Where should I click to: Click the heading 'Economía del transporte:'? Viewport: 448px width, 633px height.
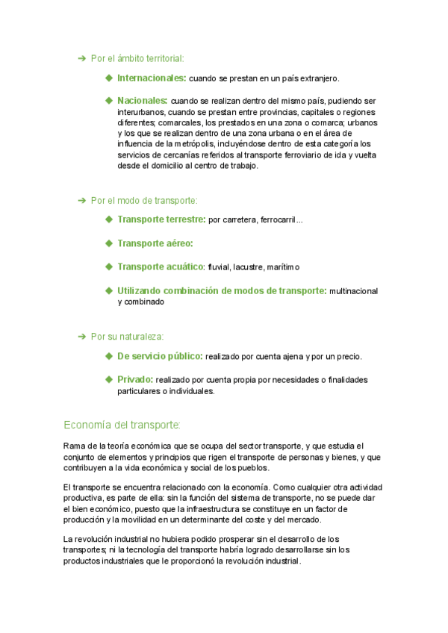point(122,425)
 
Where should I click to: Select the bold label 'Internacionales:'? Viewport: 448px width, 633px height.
point(152,78)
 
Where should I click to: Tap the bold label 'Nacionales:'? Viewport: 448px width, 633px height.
point(142,100)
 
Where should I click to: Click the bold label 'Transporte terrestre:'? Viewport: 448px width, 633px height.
point(161,219)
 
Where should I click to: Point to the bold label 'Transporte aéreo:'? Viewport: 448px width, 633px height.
point(155,243)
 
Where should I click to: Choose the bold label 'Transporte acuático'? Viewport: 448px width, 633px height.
point(161,266)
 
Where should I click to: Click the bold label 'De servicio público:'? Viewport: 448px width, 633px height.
point(160,356)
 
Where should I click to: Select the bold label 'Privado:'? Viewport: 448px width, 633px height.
point(135,379)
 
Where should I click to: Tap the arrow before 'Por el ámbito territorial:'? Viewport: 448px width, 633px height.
point(82,58)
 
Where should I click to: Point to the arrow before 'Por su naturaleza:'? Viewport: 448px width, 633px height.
point(82,337)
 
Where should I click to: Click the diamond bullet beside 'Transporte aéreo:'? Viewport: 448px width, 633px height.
point(109,243)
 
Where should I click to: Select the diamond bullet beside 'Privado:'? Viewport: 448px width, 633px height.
point(109,379)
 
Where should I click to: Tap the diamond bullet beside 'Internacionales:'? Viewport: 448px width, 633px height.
point(109,78)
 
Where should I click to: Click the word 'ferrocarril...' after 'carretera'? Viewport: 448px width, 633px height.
point(280,220)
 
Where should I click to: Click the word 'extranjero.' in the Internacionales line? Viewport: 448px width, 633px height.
point(320,78)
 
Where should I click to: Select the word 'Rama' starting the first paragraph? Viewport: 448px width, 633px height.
point(75,446)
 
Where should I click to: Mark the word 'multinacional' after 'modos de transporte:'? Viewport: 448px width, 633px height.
point(354,291)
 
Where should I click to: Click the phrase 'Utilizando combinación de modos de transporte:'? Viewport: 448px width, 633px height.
point(222,290)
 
